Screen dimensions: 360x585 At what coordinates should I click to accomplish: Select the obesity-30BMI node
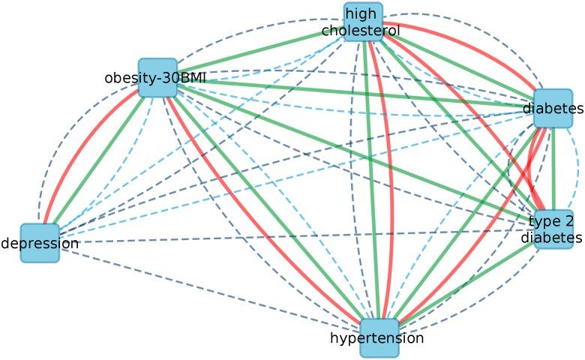pos(157,78)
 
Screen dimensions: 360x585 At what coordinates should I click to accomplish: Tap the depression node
pos(39,242)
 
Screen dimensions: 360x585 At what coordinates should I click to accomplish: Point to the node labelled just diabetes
pos(553,109)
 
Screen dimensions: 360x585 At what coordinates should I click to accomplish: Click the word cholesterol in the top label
pos(361,31)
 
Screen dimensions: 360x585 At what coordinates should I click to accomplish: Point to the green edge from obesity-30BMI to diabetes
pos(352,93)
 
